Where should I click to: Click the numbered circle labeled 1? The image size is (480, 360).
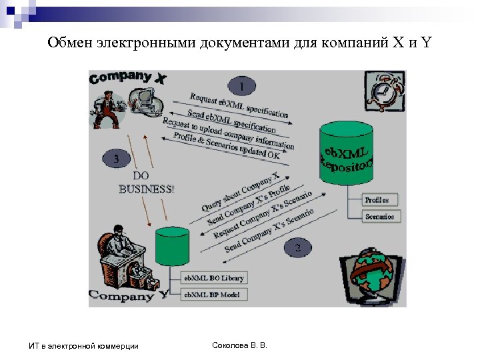point(241,86)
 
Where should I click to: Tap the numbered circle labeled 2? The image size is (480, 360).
point(297,247)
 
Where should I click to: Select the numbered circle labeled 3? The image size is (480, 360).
point(117,159)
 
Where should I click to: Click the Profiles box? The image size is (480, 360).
point(380,199)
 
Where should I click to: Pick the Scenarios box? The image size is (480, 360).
point(380,216)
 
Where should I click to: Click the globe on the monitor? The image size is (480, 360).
point(371,273)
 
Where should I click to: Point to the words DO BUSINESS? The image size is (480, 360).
point(147,182)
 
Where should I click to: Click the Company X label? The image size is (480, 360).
point(127,78)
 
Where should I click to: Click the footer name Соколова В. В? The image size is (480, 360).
point(239,345)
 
